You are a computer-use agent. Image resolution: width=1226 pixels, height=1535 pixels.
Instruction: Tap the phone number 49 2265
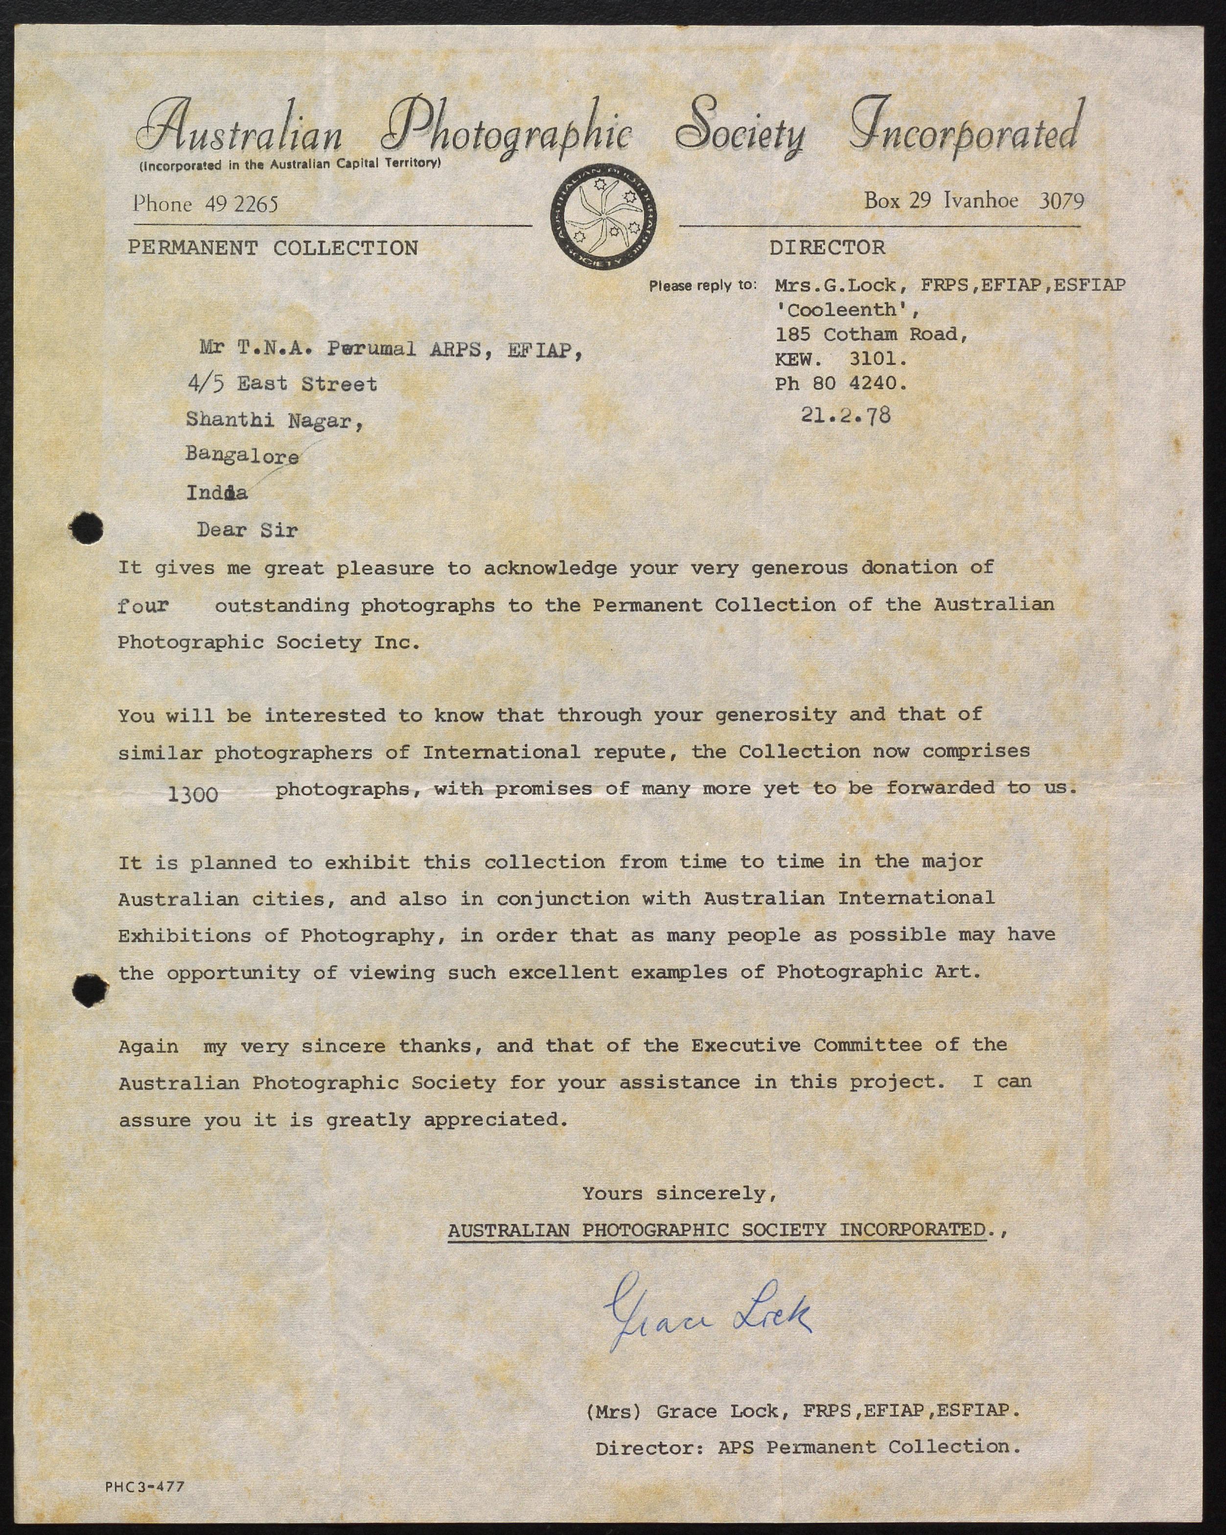pyautogui.click(x=241, y=205)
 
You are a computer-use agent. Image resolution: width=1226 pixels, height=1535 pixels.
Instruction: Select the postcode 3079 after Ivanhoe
pyautogui.click(x=1061, y=202)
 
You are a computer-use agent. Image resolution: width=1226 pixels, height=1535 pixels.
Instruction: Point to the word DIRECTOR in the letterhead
pyautogui.click(x=827, y=247)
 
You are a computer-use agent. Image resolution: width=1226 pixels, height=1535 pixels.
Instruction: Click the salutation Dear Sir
pyautogui.click(x=247, y=530)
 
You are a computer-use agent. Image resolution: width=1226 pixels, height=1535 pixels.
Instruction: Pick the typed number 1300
pyautogui.click(x=193, y=794)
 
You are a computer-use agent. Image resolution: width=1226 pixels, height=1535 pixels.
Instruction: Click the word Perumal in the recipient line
pyautogui.click(x=371, y=349)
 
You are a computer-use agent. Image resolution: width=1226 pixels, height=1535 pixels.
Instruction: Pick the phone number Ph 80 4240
pyautogui.click(x=841, y=384)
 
